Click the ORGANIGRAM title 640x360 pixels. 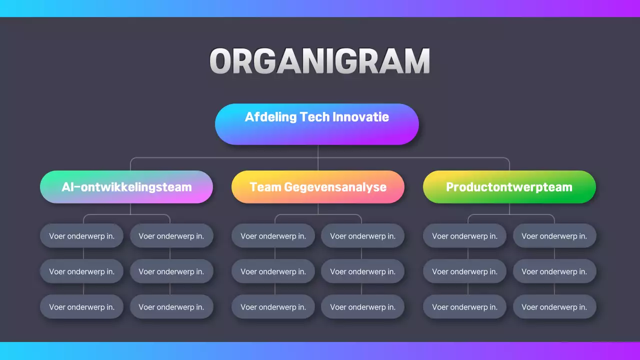tap(319, 61)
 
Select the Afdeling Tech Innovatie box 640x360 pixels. tap(316, 124)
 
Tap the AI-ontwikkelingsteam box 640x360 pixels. tap(126, 187)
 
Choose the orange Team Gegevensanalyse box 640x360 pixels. tap(317, 187)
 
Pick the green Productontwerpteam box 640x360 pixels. tap(509, 187)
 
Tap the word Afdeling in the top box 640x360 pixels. tap(270, 117)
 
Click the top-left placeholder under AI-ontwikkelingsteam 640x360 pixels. tap(81, 236)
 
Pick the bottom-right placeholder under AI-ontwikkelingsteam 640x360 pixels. tap(171, 307)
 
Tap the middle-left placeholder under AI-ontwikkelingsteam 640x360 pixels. tap(81, 271)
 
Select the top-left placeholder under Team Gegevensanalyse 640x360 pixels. tap(273, 236)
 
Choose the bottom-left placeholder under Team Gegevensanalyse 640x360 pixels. tap(273, 307)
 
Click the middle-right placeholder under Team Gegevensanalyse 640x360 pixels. tap(362, 271)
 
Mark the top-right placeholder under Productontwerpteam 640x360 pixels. tap(554, 236)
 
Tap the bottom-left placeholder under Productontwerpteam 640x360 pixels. tap(464, 307)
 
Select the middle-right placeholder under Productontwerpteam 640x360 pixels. tap(554, 271)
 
